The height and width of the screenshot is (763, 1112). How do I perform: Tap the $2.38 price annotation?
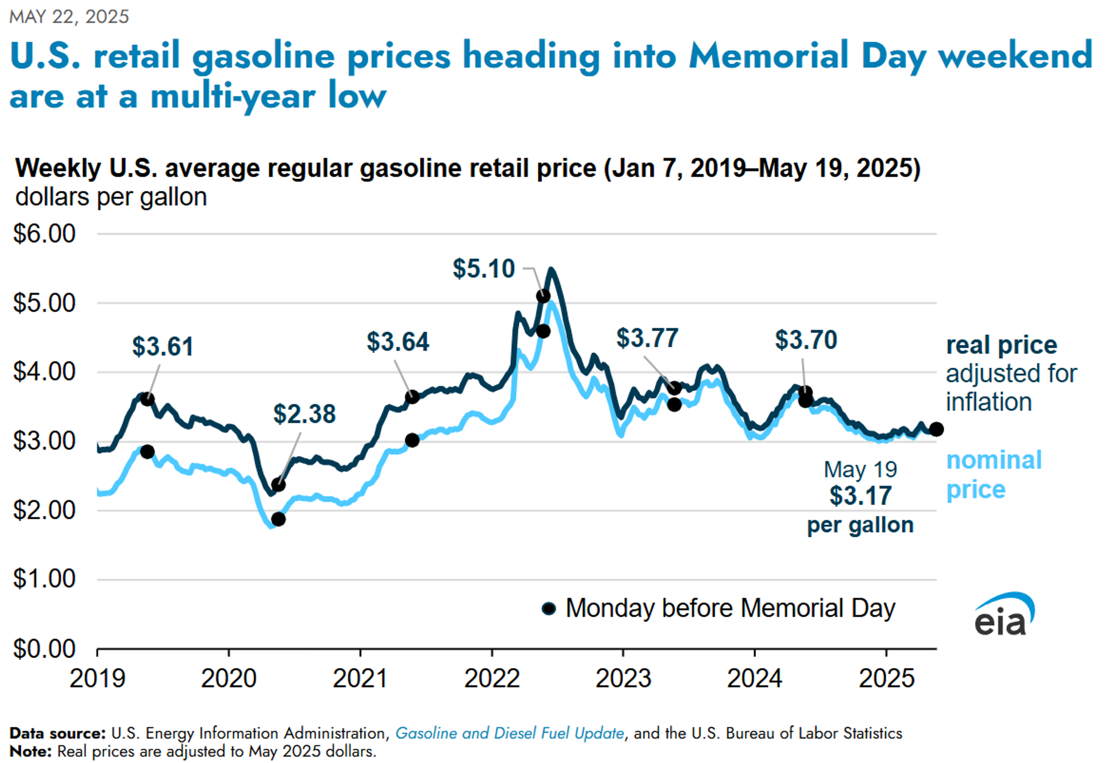(x=304, y=414)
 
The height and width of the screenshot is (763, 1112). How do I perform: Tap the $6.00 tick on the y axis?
(x=44, y=234)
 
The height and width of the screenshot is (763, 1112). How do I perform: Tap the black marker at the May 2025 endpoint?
(x=936, y=429)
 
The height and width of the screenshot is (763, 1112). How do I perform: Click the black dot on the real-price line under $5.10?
(x=543, y=296)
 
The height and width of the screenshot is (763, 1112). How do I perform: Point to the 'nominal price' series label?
(x=993, y=475)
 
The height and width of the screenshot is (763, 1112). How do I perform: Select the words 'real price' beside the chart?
(x=1001, y=345)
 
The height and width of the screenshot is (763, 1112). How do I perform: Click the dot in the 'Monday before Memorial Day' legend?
(x=549, y=608)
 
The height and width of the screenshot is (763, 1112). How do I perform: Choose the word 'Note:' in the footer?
(x=30, y=751)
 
